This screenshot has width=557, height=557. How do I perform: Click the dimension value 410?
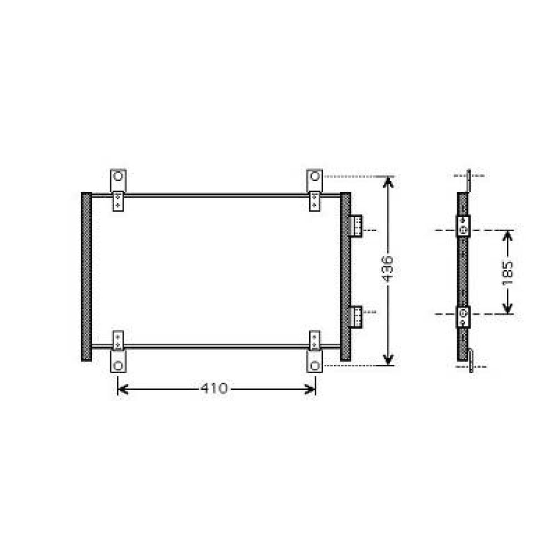click(x=214, y=388)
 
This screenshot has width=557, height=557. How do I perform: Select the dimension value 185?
click(x=507, y=272)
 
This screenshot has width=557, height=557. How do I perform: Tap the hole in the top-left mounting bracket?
click(x=118, y=177)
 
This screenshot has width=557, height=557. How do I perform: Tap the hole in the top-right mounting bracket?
click(x=315, y=177)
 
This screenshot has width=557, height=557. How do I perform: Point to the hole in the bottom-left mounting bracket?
click(x=118, y=366)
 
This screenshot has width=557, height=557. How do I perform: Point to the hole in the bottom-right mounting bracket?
click(x=315, y=366)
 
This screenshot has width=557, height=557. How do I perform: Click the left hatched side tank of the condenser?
click(x=86, y=276)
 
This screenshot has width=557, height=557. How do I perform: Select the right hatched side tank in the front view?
click(x=345, y=276)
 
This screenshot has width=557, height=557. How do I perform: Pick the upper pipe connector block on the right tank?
click(x=355, y=226)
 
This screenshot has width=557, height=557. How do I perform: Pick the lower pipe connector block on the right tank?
click(x=355, y=316)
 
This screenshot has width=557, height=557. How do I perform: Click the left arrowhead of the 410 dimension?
click(x=122, y=388)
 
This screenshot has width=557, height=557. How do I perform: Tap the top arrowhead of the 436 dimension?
click(x=388, y=182)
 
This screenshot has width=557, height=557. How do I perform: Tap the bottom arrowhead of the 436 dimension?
click(x=388, y=360)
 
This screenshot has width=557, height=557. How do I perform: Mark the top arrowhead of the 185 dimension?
click(x=507, y=235)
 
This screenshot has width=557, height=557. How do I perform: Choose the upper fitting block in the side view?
click(x=463, y=226)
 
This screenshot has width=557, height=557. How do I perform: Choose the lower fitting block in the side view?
click(x=463, y=316)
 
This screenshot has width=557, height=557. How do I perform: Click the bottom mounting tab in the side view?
click(x=471, y=360)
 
